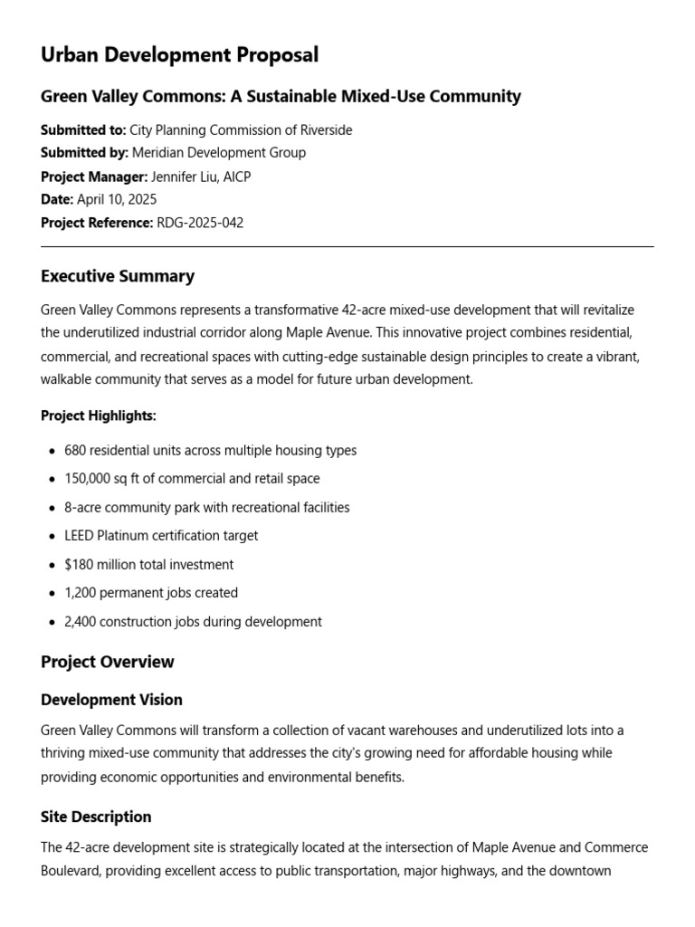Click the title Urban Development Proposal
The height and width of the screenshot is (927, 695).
179,55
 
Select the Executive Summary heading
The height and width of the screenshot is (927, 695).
118,276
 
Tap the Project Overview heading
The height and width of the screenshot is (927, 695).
108,662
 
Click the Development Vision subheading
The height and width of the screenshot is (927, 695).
111,700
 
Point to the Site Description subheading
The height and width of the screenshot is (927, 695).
96,817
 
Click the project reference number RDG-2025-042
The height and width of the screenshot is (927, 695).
200,223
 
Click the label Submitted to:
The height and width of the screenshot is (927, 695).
83,130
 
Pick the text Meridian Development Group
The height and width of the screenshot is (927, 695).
219,153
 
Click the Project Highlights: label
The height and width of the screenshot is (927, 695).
99,416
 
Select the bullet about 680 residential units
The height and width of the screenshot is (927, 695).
210,450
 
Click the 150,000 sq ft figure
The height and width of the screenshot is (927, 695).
102,478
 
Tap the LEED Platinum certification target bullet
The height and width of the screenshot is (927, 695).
161,535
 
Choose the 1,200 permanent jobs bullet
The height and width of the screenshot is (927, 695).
151,593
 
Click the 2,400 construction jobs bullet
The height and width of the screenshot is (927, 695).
193,622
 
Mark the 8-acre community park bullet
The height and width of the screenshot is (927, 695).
206,507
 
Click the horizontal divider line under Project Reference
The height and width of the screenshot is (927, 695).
347,246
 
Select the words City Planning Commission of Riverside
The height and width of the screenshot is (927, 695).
242,130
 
